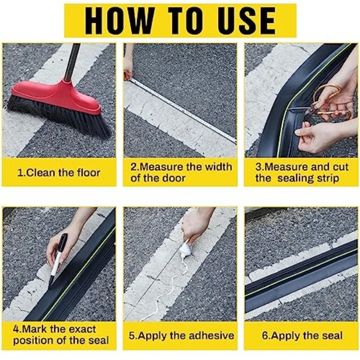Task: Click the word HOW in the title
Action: [x=119, y=21]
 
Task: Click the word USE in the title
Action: [x=243, y=21]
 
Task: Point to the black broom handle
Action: [x=72, y=62]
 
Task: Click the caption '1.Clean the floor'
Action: [x=59, y=173]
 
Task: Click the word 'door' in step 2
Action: [x=174, y=178]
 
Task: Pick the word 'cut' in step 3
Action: [x=340, y=167]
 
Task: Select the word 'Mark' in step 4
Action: [x=35, y=329]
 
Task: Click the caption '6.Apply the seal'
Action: [x=302, y=336]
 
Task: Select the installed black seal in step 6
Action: [x=301, y=276]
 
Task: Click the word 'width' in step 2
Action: [x=218, y=167]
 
